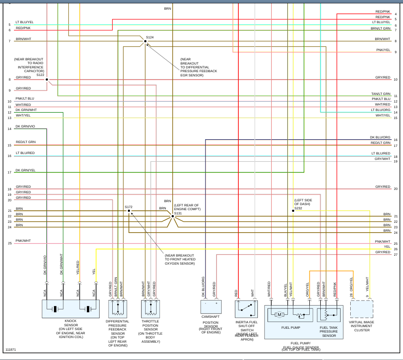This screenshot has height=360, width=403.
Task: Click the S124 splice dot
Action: (145, 41)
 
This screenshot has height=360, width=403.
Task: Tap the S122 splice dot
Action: (47, 79)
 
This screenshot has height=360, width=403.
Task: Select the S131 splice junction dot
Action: (173, 216)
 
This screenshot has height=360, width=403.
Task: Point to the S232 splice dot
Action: (293, 211)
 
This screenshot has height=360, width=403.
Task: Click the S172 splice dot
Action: (129, 211)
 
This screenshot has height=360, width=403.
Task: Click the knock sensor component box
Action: (70, 309)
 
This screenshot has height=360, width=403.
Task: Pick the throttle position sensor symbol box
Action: (151, 309)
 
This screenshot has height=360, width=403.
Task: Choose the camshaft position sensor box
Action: (211, 307)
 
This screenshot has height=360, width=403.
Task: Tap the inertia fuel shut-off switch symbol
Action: (246, 309)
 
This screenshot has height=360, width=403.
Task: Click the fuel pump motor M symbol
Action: (279, 315)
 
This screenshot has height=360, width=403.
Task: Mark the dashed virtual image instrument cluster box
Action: (362, 309)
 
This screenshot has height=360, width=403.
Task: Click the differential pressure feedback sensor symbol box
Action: (118, 309)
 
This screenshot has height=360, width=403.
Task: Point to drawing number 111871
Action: (11, 350)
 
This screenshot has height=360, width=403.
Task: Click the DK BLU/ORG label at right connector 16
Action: (380, 137)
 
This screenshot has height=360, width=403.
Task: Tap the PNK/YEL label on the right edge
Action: (383, 50)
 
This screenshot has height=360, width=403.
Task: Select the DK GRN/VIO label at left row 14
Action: (25, 127)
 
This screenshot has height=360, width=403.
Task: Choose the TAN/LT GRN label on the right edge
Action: (381, 94)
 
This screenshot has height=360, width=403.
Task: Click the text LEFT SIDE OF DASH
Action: (302, 202)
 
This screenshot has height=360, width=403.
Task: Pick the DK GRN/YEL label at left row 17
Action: (25, 170)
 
